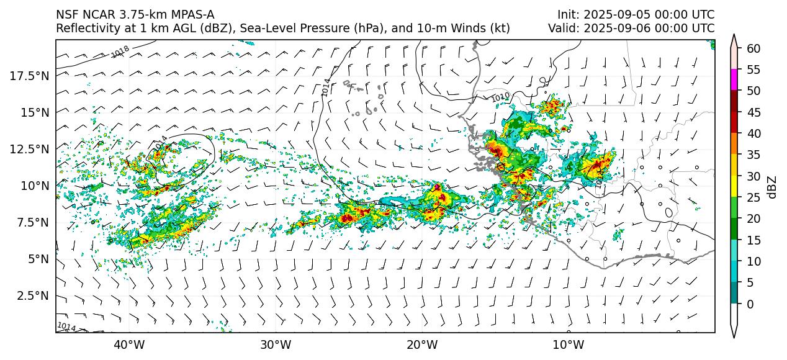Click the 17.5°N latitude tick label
click(30, 76)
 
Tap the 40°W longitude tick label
click(129, 344)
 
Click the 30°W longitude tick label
click(276, 344)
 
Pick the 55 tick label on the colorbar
click(753, 70)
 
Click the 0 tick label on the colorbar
click(750, 304)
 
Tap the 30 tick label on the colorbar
click(753, 176)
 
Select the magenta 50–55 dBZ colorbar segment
click(734, 80)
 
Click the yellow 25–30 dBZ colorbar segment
click(734, 187)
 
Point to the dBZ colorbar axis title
click(773, 186)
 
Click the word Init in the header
click(567, 14)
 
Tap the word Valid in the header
click(561, 28)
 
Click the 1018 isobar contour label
click(120, 52)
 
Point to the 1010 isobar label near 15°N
click(500, 97)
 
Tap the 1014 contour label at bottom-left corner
click(66, 326)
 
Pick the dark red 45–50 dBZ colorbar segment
click(734, 101)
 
